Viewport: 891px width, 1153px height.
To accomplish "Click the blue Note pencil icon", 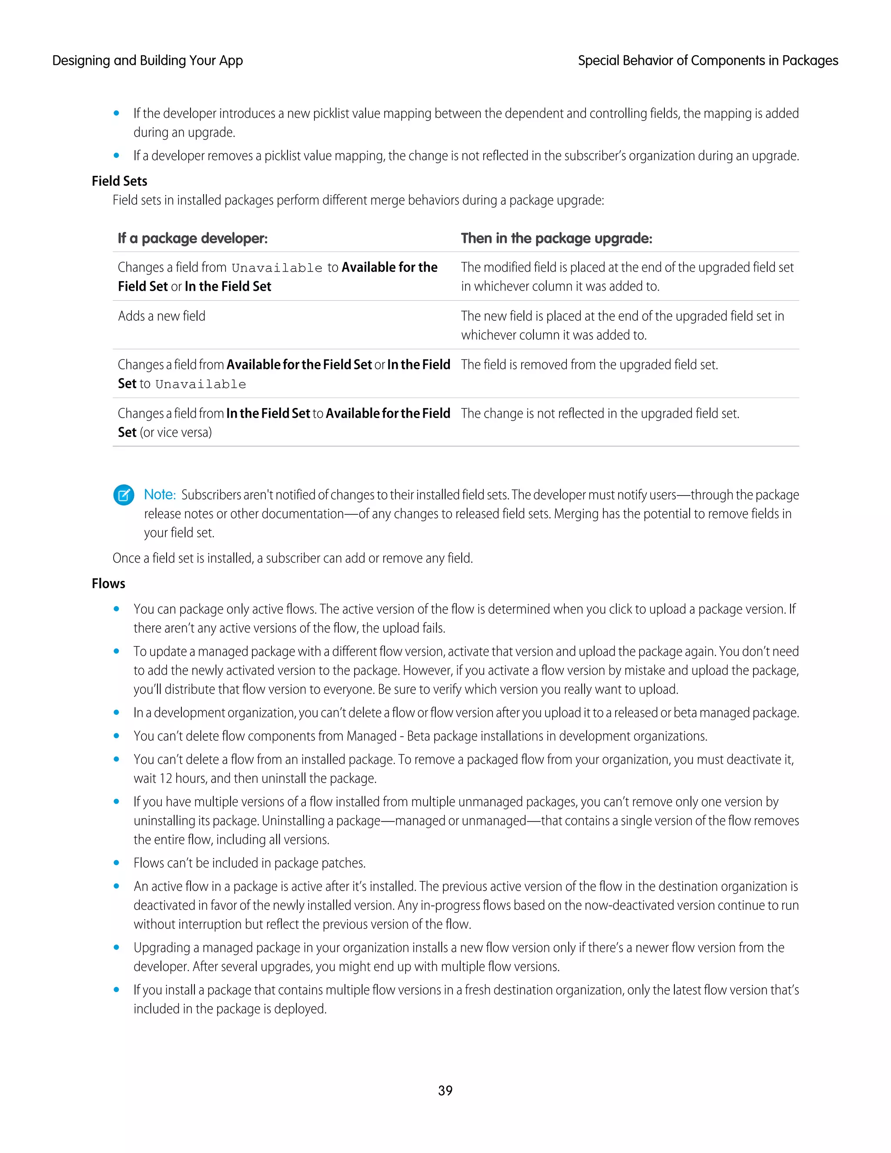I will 124,495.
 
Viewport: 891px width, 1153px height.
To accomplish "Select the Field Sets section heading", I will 119,181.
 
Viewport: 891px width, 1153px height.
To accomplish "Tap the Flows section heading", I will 108,583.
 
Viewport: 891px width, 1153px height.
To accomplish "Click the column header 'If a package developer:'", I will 193,238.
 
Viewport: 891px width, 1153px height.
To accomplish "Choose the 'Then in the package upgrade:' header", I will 556,238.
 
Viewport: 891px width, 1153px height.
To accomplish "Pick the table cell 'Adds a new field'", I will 161,316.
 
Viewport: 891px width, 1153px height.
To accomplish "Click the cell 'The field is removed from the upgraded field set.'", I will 589,365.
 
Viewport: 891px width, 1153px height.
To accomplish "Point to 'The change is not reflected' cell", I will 600,413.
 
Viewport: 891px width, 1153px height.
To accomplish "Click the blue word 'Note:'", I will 159,495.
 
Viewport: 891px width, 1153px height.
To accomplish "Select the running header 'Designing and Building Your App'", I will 147,61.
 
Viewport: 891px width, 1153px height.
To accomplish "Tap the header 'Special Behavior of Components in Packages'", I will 708,61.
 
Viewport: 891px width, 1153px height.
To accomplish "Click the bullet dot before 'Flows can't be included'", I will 116,863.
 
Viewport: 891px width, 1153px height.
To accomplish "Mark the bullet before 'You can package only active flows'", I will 116,609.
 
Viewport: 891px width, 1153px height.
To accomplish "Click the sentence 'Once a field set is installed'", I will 292,558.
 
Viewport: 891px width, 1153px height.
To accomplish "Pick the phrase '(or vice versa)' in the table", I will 176,432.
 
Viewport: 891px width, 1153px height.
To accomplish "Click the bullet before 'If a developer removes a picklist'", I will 116,156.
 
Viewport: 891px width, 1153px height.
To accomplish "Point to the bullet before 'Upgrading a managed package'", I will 116,948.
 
